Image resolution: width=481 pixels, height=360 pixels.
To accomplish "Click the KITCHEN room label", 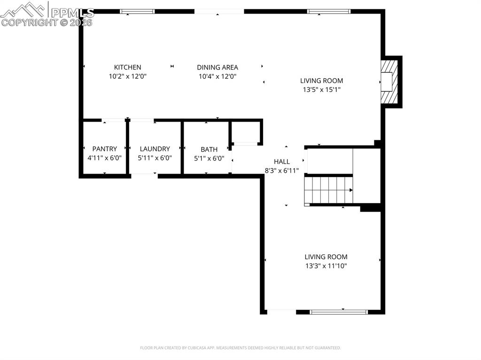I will [127, 67].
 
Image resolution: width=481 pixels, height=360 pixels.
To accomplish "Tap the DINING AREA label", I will [217, 67].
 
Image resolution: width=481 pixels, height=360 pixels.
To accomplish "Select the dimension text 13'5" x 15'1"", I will [321, 90].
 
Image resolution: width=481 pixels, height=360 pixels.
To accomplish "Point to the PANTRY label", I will [104, 149].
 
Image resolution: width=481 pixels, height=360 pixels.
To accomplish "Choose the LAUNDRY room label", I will [155, 149].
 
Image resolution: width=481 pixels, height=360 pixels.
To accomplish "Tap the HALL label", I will [282, 161].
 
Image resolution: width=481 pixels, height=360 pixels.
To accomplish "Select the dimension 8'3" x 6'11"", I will [282, 170].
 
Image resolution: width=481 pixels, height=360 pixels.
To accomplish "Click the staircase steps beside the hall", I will [328, 190].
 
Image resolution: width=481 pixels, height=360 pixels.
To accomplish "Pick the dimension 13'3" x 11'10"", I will [326, 266].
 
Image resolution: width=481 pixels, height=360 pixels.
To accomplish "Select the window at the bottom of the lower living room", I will [339, 311].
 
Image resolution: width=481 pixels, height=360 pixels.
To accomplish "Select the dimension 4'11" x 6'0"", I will [104, 158].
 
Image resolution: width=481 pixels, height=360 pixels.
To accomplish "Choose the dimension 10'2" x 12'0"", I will [127, 76].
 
